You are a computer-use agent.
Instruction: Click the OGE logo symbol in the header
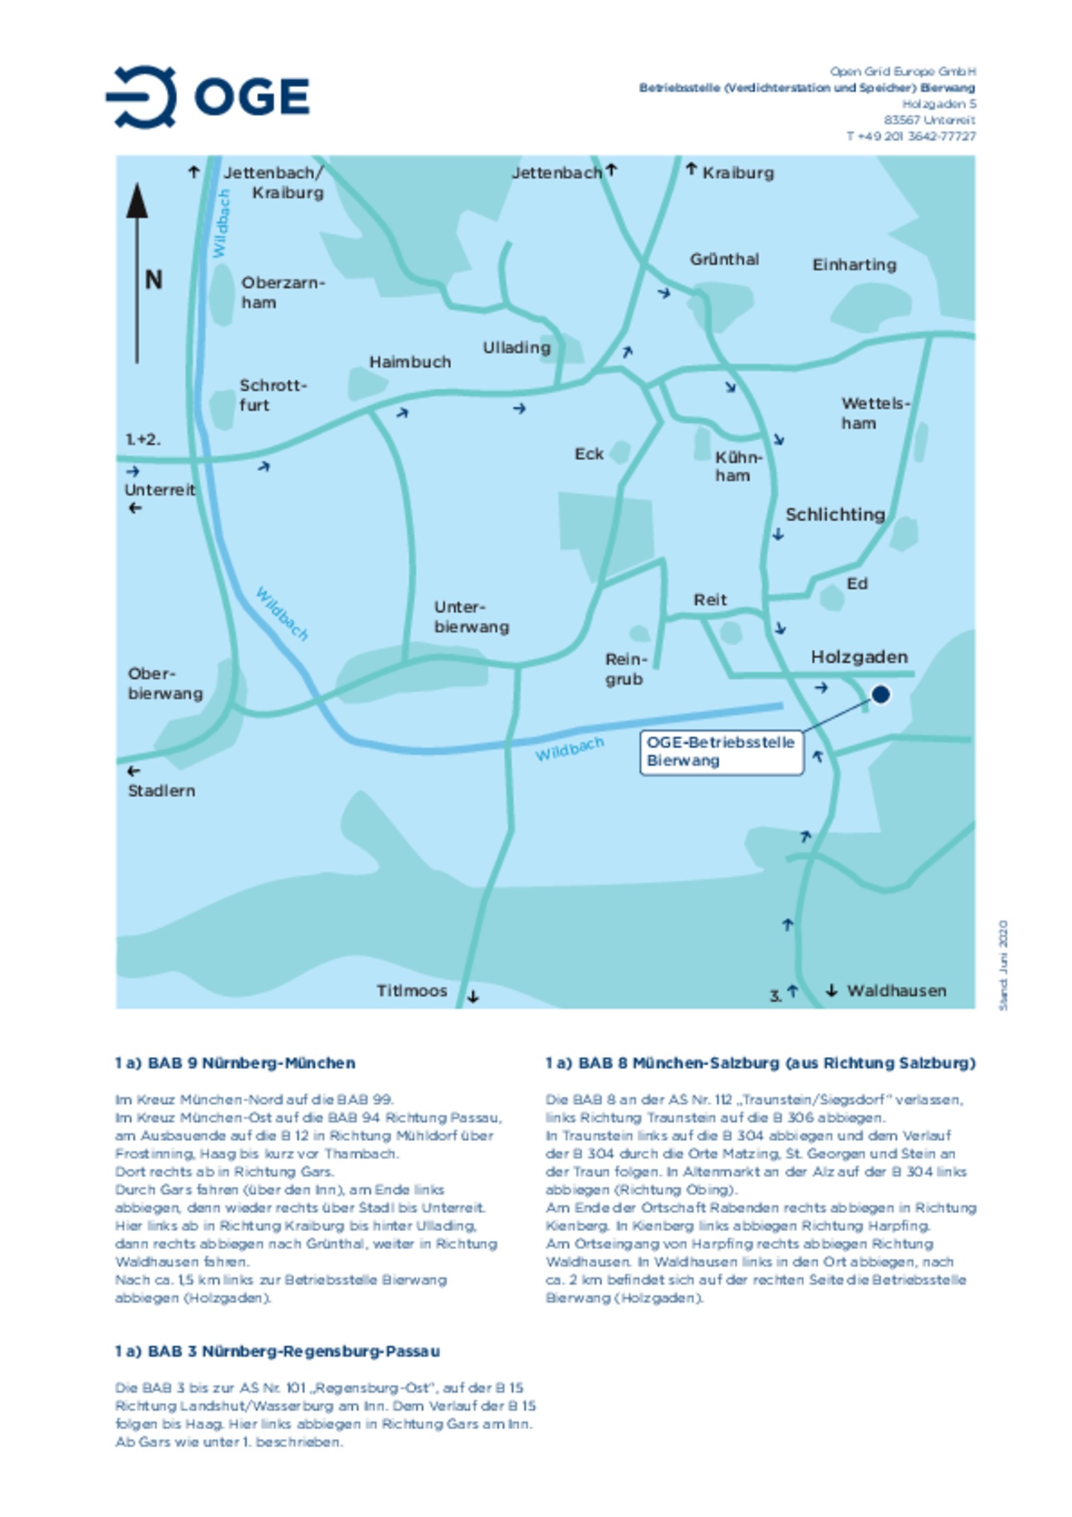(143, 97)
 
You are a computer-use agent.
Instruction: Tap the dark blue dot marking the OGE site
(881, 694)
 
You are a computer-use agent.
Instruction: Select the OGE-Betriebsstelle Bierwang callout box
(721, 751)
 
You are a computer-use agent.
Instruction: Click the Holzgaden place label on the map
(859, 657)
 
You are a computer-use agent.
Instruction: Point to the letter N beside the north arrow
(153, 281)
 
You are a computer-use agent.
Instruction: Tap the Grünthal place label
(724, 260)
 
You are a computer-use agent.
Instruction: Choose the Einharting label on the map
(854, 265)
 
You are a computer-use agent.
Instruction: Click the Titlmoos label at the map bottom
(411, 991)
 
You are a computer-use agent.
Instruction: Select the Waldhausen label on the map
(896, 991)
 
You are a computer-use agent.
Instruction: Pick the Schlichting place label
(835, 514)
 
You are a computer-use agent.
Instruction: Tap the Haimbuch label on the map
(409, 363)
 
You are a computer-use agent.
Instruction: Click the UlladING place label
(516, 348)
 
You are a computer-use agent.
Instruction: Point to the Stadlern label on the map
(161, 791)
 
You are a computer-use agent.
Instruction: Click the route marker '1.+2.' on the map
(142, 439)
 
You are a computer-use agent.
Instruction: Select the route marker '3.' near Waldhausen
(775, 995)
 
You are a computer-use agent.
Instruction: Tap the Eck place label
(588, 454)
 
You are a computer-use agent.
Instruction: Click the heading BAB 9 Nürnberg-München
(234, 1063)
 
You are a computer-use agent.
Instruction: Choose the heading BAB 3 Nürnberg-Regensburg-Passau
(277, 1351)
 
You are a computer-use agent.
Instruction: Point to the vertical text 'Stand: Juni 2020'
(1003, 965)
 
